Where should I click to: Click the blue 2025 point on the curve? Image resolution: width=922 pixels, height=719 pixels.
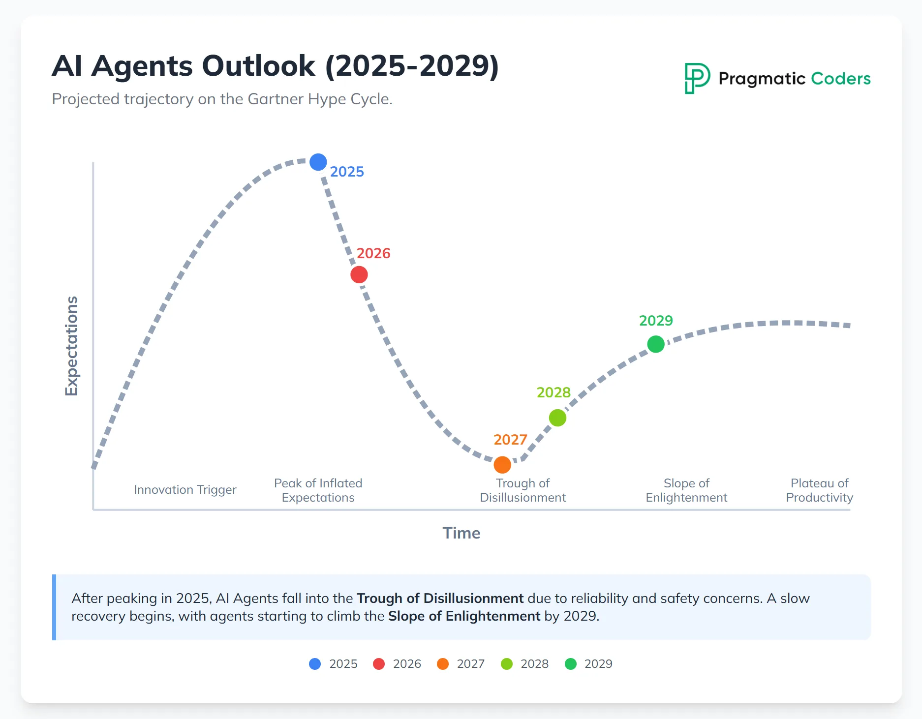click(x=318, y=162)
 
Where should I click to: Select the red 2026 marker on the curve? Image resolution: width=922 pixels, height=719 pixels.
click(x=359, y=274)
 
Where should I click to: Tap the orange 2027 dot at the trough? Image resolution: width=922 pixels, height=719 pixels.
click(x=502, y=464)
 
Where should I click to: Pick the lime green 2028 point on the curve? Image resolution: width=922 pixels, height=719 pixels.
click(x=557, y=418)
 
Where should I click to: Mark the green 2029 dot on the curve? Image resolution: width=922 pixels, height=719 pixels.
click(x=656, y=344)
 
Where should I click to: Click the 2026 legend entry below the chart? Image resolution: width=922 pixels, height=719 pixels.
click(x=398, y=664)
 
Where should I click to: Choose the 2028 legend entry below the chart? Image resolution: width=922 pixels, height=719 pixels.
click(x=525, y=664)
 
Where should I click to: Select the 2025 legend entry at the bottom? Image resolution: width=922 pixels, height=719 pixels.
click(x=334, y=664)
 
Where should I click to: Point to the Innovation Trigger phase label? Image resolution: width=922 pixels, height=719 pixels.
click(x=185, y=490)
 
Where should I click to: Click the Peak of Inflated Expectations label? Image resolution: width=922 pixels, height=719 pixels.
click(x=318, y=490)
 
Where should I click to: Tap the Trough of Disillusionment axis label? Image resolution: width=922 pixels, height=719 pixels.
click(x=522, y=490)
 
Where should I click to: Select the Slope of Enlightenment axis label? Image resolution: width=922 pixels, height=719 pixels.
click(x=686, y=490)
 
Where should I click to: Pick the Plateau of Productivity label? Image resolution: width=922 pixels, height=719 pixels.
click(x=819, y=490)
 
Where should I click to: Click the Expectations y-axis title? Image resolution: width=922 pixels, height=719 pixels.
click(x=72, y=346)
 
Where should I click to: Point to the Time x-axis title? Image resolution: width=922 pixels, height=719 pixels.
click(x=461, y=533)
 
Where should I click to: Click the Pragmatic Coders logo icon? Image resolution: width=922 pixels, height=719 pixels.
click(x=697, y=78)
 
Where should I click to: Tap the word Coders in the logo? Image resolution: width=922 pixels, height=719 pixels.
click(x=840, y=79)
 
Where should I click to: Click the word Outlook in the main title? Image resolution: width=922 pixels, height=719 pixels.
click(x=259, y=66)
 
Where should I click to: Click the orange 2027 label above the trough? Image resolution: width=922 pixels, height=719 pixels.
click(x=510, y=440)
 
